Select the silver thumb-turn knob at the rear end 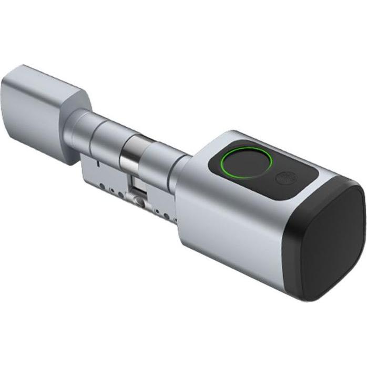point(42,113)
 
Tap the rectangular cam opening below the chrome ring point(136,183)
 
